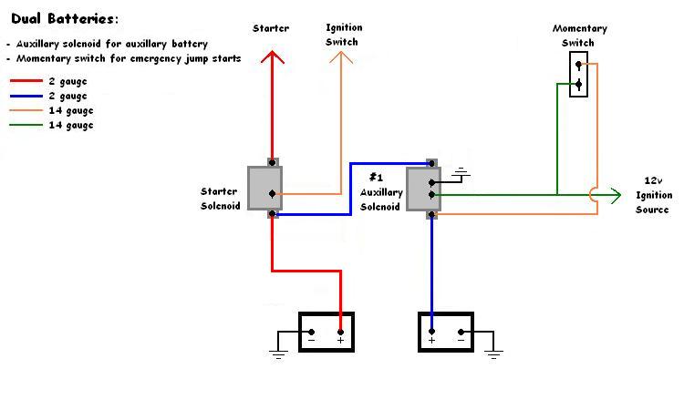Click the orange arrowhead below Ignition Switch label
point(342,56)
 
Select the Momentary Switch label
point(579,36)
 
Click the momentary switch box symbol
point(578,74)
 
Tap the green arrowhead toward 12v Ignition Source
point(616,194)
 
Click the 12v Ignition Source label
point(654,196)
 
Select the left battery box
point(326,332)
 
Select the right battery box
point(447,332)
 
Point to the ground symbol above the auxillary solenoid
point(461,171)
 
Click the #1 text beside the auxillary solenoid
point(376,177)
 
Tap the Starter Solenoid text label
point(219,198)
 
